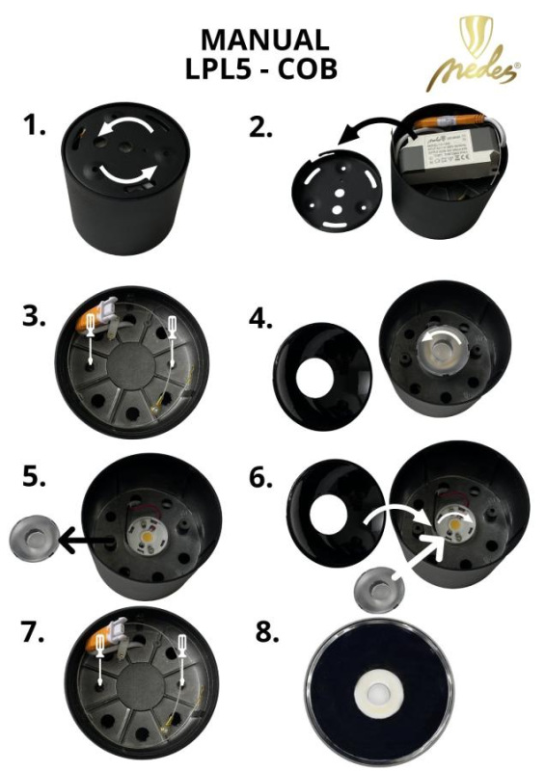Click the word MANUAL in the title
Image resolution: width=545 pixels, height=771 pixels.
coord(264,40)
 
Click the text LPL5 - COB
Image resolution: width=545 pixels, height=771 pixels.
coord(264,69)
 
